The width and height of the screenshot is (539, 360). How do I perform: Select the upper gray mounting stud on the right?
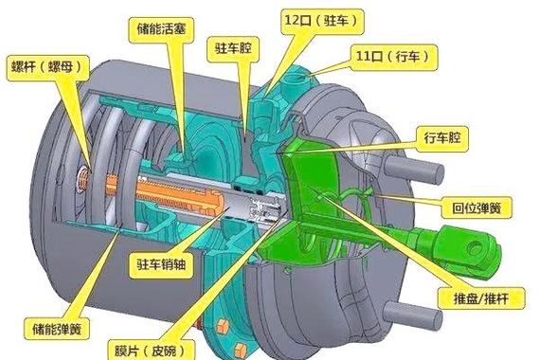[424, 174]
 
